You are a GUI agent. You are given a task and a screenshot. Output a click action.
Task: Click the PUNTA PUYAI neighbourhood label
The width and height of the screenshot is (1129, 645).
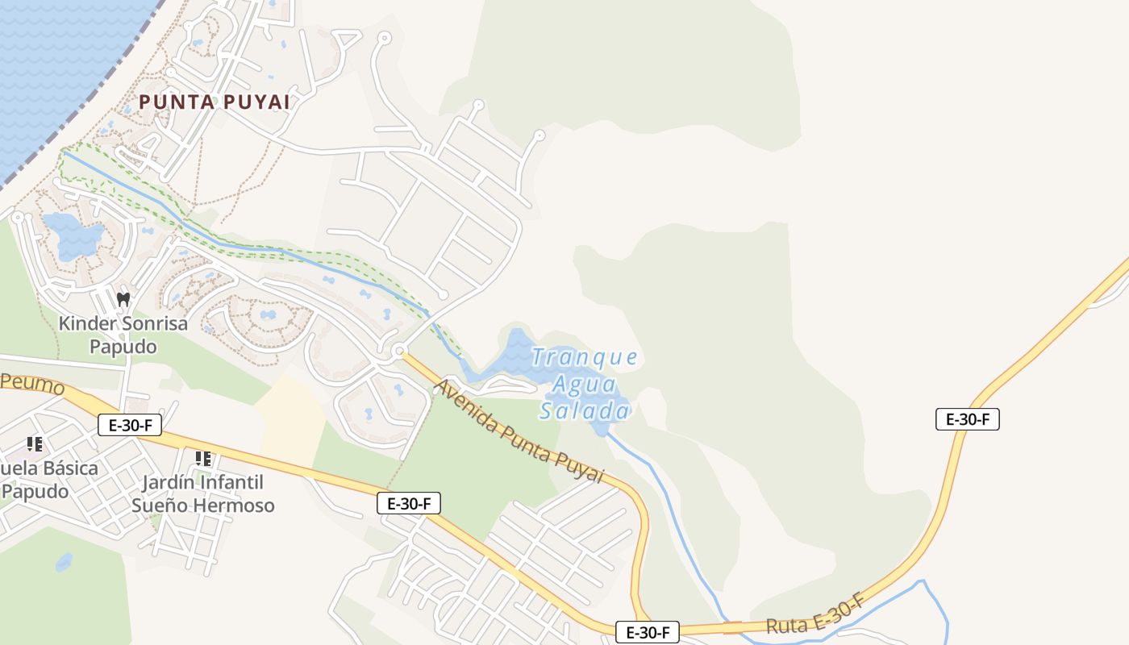pyautogui.click(x=214, y=102)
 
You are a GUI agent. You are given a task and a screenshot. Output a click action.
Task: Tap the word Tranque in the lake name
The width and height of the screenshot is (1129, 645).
pyautogui.click(x=585, y=357)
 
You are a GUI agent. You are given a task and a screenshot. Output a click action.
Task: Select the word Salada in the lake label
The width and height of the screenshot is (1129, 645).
pyautogui.click(x=584, y=411)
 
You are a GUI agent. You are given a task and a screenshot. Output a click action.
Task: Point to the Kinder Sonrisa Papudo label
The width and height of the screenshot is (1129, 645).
pyautogui.click(x=123, y=335)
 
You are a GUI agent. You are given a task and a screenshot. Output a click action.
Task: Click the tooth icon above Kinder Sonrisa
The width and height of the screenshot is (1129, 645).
pyautogui.click(x=123, y=299)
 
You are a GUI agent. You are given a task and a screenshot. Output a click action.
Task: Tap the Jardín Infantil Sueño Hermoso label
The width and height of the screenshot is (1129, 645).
pyautogui.click(x=202, y=494)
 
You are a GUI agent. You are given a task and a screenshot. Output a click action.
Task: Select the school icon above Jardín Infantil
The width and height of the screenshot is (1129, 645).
pyautogui.click(x=203, y=459)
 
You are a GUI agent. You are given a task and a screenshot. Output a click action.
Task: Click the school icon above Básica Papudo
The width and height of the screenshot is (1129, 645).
pyautogui.click(x=35, y=443)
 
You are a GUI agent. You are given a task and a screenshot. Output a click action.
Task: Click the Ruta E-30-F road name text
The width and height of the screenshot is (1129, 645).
pyautogui.click(x=815, y=615)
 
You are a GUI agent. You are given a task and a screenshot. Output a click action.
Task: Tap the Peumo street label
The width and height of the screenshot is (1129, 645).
pyautogui.click(x=32, y=384)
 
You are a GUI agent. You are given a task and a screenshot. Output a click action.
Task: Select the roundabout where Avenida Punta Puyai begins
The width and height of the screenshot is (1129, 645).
pyautogui.click(x=399, y=352)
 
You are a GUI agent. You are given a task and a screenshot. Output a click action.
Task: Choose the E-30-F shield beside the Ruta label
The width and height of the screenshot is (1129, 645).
pyautogui.click(x=647, y=632)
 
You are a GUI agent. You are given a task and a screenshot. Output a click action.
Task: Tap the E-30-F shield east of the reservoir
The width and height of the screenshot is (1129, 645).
pyautogui.click(x=967, y=419)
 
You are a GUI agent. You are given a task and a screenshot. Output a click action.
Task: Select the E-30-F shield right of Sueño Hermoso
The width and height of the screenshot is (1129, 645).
pyautogui.click(x=409, y=504)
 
